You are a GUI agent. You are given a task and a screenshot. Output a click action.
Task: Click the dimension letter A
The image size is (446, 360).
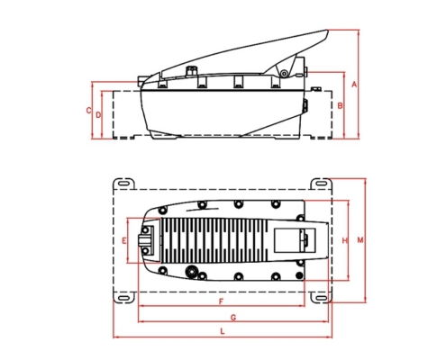(x=354, y=85)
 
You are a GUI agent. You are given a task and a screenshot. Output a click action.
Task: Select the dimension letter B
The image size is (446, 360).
(x=340, y=106)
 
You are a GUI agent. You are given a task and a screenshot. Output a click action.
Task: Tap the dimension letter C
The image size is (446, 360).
(x=88, y=111)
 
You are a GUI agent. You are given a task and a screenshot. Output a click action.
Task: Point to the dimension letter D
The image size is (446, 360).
(x=98, y=115)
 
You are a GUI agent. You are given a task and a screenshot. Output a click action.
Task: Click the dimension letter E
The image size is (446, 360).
(x=123, y=240)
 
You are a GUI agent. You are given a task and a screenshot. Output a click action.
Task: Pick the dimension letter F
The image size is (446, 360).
(x=222, y=301)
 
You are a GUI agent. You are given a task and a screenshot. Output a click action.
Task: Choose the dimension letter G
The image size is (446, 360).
(x=233, y=318)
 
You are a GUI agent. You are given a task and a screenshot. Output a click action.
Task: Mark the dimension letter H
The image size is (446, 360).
(x=345, y=240)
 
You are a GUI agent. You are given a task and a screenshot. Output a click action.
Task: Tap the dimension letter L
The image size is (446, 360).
(x=223, y=331)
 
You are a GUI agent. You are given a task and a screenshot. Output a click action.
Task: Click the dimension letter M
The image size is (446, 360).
(x=360, y=240)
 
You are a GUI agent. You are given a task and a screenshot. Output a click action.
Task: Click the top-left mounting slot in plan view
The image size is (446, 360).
(x=123, y=183)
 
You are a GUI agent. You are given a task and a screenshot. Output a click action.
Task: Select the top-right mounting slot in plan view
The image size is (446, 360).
(x=322, y=183)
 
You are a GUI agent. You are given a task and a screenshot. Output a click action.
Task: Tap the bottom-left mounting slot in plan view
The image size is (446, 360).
(x=123, y=298)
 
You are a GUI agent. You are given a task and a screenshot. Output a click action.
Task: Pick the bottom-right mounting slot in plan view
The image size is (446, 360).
(x=322, y=298)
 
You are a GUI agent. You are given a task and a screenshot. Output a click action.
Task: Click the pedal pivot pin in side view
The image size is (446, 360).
(x=284, y=74)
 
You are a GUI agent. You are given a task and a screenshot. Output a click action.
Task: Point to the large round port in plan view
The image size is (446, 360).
(x=191, y=272)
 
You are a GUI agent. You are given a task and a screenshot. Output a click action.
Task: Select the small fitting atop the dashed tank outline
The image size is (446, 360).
(x=315, y=89)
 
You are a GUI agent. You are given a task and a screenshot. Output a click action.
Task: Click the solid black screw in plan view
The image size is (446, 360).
(x=299, y=275)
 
